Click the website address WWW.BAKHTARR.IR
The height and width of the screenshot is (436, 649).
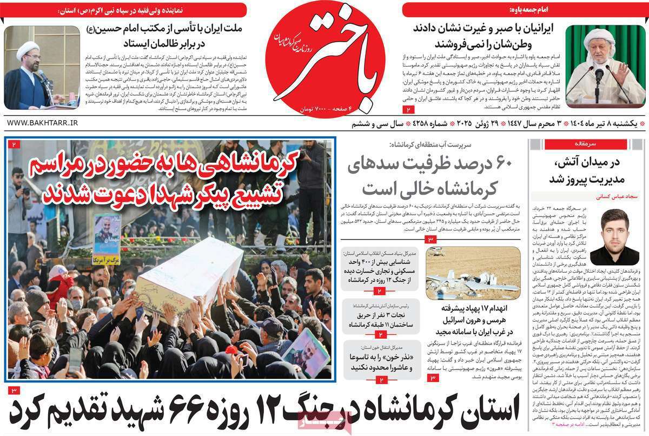pos(42,123)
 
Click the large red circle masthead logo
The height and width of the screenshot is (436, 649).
pos(329,58)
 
